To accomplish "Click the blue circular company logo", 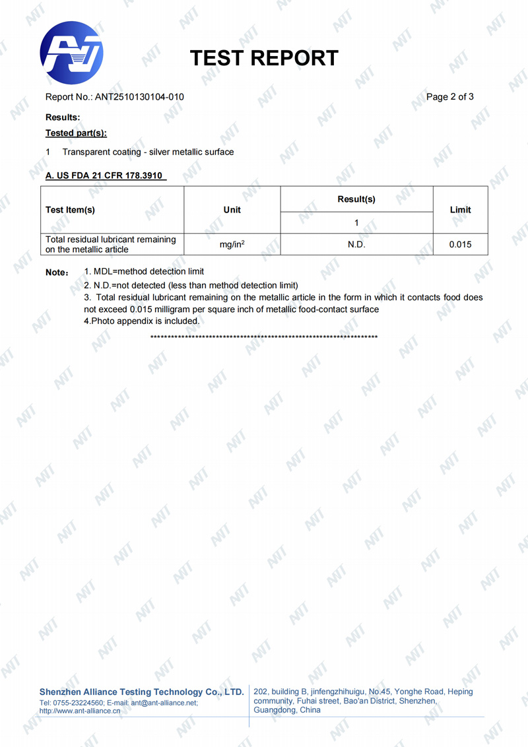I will point(71,53).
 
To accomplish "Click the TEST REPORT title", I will point(264,58).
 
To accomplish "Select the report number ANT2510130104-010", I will point(139,97).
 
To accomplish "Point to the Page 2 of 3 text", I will point(450,97).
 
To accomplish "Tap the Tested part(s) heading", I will point(76,133).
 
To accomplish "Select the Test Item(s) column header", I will point(70,210).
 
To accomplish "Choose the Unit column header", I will point(232,210).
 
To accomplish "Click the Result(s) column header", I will point(356,199).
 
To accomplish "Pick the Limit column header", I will point(460,210).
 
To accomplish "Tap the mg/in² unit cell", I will point(232,245).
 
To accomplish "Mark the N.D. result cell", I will point(356,245).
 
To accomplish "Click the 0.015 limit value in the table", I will point(460,245).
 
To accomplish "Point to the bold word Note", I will point(57,273).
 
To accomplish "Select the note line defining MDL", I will point(144,271).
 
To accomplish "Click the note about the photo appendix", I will point(141,321).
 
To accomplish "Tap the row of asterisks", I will point(264,337).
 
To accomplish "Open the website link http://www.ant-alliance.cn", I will point(80,711).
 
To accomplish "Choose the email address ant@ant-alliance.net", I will point(164,703).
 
